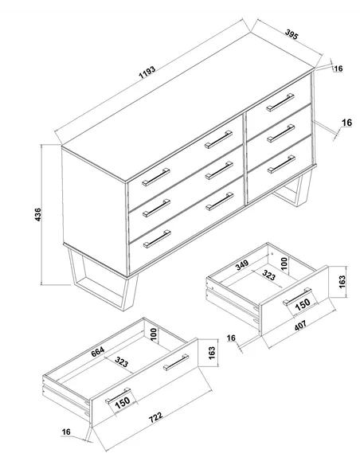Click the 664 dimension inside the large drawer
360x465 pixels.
98,351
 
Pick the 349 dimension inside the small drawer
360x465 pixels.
244,265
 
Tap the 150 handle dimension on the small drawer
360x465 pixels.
303,305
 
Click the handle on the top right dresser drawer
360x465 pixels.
280,102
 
